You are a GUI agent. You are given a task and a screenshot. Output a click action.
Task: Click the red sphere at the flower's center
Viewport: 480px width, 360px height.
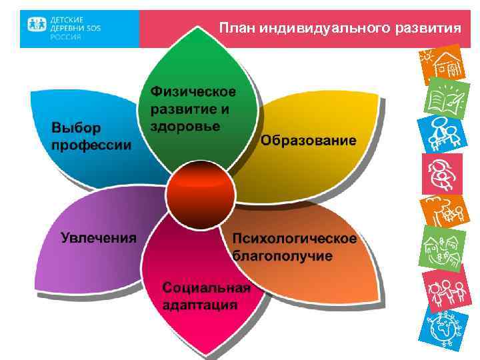click(x=200, y=193)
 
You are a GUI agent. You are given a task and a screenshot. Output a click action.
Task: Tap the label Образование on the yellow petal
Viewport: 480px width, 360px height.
click(x=308, y=141)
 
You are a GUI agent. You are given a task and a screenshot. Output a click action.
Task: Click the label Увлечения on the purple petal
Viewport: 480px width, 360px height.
click(x=99, y=237)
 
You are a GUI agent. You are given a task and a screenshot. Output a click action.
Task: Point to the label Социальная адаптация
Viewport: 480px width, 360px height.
click(x=207, y=296)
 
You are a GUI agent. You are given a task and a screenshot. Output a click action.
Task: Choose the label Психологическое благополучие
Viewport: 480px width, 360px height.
click(x=294, y=247)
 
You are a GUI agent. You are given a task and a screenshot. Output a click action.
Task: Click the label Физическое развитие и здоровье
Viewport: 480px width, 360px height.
click(x=193, y=108)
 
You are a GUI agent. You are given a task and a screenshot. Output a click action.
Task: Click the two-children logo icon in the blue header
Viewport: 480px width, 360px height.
click(x=36, y=26)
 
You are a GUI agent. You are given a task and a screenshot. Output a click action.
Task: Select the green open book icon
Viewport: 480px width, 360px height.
click(x=443, y=98)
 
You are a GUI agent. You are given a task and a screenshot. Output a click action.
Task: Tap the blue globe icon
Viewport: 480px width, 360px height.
click(x=443, y=325)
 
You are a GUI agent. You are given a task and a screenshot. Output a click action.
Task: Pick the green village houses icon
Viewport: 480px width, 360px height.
click(x=443, y=249)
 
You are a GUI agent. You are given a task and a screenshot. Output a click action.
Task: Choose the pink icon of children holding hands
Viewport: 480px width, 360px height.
click(x=443, y=287)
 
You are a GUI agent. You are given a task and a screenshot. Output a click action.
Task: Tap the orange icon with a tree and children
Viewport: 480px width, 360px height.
click(x=443, y=211)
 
